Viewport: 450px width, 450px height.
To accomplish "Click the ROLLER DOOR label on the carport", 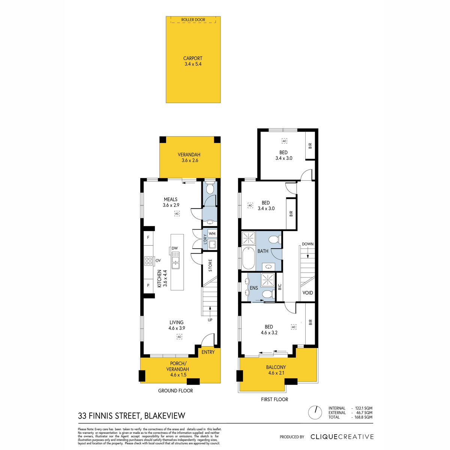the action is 193,20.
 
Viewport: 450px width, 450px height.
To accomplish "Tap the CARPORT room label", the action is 193,58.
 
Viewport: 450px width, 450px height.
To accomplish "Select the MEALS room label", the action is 171,199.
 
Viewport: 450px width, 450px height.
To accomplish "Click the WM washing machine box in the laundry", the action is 212,234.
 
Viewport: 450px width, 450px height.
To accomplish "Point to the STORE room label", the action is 210,265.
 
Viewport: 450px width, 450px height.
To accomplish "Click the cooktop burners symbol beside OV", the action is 148,261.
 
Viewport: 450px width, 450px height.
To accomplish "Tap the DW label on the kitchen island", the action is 175,248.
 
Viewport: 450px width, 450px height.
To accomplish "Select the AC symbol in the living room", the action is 179,337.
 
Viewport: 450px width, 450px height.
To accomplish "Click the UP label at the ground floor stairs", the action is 210,320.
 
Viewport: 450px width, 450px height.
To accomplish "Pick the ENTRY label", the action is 208,352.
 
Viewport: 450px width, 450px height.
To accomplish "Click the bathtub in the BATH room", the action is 249,258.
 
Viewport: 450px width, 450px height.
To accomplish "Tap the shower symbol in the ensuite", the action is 268,280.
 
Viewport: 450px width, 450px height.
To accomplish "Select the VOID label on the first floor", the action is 307,293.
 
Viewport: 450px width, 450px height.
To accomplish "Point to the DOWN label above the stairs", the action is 307,244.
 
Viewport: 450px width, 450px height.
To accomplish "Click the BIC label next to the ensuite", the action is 280,287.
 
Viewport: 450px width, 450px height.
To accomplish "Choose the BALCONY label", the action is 276,367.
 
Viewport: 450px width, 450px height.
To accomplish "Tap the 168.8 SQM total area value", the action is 364,417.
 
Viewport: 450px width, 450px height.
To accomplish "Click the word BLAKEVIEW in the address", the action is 165,416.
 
